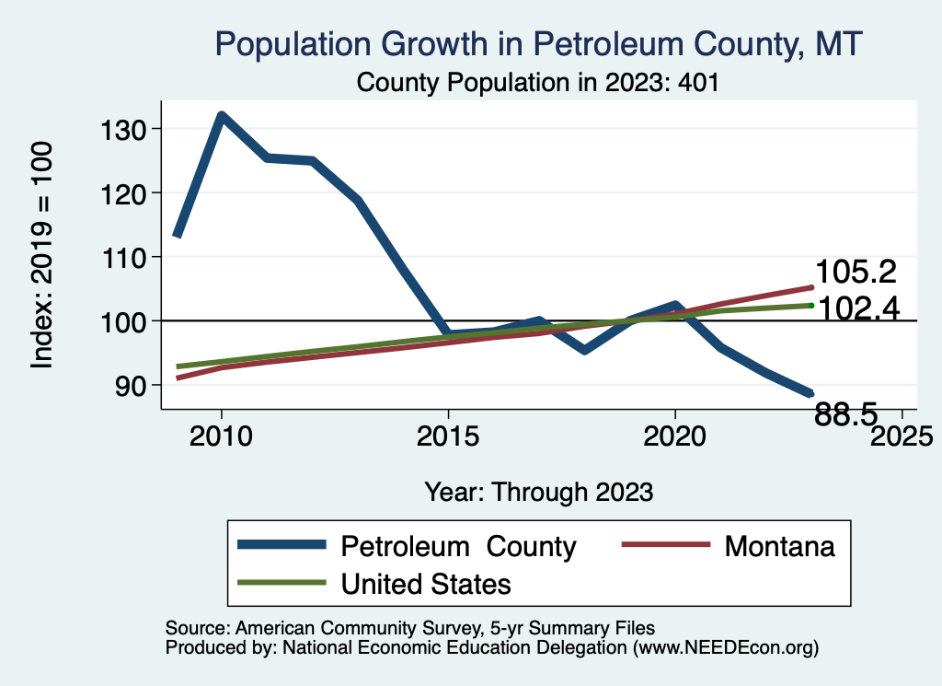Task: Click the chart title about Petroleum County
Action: pos(538,43)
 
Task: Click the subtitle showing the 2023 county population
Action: pos(537,82)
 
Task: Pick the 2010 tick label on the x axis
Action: pos(221,435)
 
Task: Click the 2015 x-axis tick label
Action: pos(448,435)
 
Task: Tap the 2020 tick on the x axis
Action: pos(675,435)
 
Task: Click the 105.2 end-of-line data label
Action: pos(857,273)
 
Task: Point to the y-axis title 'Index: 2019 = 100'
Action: pos(42,256)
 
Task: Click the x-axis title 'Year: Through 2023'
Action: pos(539,492)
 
